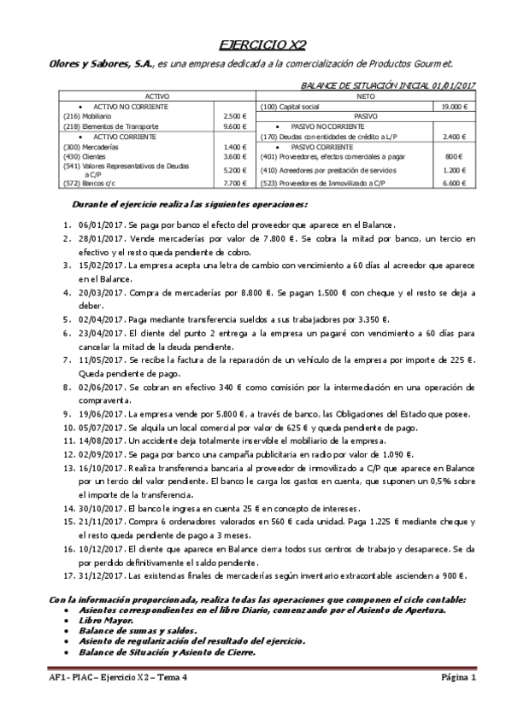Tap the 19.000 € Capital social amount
click(x=452, y=107)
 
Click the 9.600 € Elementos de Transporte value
click(x=234, y=126)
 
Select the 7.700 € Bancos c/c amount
click(x=234, y=183)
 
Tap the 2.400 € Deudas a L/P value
click(x=453, y=137)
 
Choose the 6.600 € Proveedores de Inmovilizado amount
click(x=453, y=183)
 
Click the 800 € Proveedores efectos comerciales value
click(x=454, y=157)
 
